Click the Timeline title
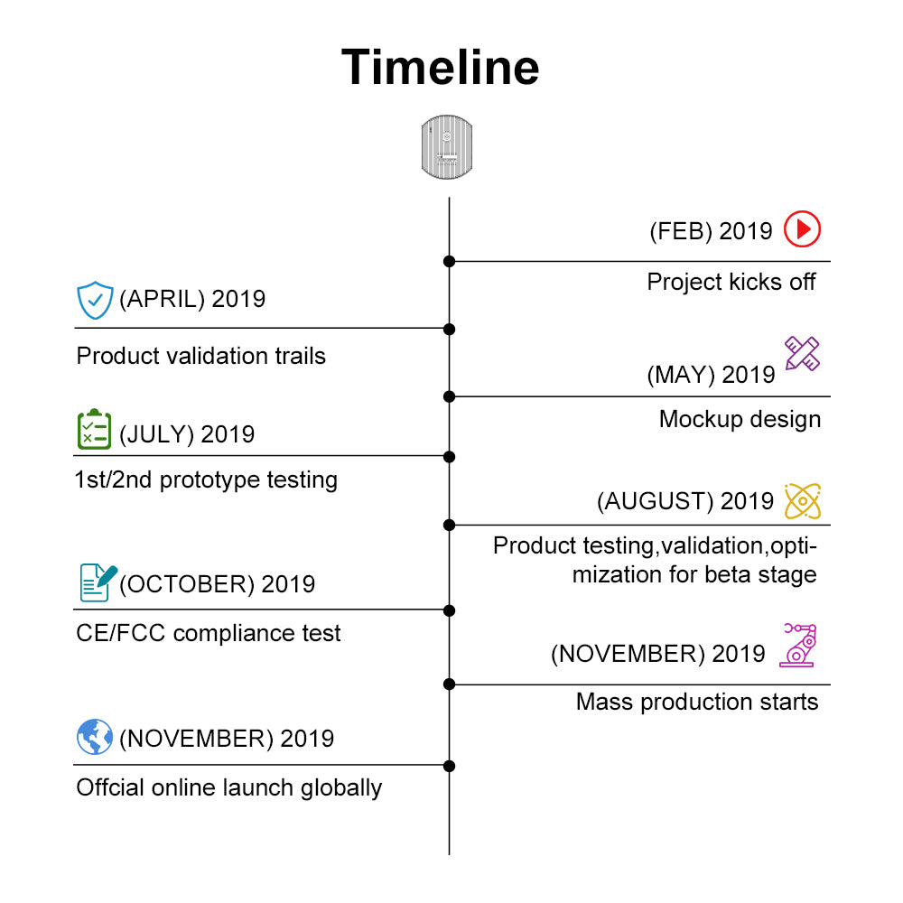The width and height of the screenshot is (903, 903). [441, 68]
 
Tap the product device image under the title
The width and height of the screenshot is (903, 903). [447, 147]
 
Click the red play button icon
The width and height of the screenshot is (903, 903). [802, 229]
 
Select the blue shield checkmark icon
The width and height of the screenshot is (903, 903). [95, 300]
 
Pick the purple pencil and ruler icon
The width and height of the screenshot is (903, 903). [802, 354]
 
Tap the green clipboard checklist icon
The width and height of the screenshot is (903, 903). [95, 429]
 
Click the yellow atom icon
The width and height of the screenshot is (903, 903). [803, 501]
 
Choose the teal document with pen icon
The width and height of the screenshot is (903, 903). [98, 582]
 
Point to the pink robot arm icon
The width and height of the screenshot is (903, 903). [798, 645]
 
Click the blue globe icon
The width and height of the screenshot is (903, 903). [95, 737]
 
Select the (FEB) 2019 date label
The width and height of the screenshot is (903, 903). [711, 231]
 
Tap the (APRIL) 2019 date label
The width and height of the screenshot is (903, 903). [192, 299]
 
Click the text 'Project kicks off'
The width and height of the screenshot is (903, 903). [731, 282]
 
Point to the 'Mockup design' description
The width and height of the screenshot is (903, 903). [740, 419]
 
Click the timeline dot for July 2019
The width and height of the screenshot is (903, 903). [449, 457]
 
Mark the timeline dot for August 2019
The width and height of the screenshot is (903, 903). [449, 526]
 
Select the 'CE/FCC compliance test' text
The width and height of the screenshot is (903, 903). [209, 634]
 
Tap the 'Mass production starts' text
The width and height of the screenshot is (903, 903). [697, 702]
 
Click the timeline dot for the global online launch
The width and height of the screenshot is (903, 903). [449, 766]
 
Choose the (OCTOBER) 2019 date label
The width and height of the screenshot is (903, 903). [217, 584]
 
